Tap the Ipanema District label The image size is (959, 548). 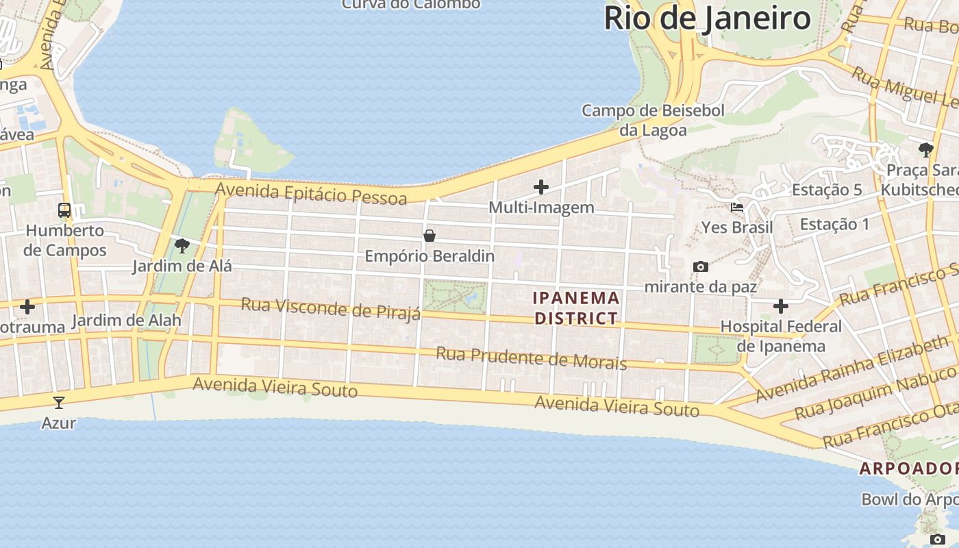[x=576, y=308]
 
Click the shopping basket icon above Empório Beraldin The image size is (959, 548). [x=429, y=236]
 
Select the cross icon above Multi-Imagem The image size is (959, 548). [x=541, y=186]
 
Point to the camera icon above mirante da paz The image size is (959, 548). [x=700, y=266]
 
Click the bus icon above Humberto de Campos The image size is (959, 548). [x=64, y=210]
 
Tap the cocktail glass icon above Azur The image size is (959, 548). [x=59, y=402]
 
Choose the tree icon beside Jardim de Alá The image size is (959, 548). [x=182, y=245]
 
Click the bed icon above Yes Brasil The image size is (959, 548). [x=737, y=207]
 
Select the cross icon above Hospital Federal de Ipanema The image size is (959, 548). [x=780, y=306]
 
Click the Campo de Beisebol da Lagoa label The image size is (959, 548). [x=643, y=120]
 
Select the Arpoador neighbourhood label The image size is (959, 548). [x=909, y=469]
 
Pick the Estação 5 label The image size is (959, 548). [x=827, y=190]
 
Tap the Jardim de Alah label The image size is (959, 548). [x=126, y=320]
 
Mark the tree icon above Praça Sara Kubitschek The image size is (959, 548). [x=926, y=149]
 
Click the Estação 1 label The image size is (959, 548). [x=834, y=224]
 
